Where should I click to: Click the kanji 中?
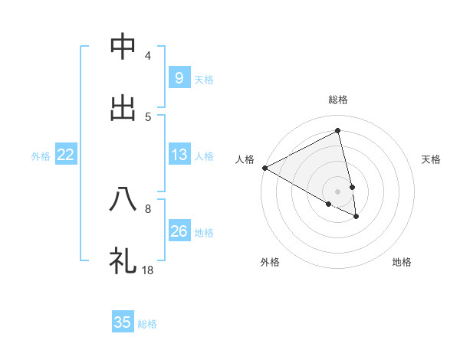(x=123, y=47)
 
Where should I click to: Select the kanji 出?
(x=123, y=108)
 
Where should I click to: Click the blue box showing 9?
(x=179, y=77)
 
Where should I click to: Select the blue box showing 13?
(x=179, y=154)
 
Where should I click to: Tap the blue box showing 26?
(x=179, y=231)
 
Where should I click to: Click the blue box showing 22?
(x=66, y=154)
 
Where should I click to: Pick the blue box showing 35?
(x=123, y=322)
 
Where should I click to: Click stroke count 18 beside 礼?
(x=148, y=270)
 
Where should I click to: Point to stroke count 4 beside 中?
(x=148, y=56)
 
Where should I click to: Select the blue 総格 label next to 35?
(x=148, y=324)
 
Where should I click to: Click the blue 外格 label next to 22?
(x=41, y=155)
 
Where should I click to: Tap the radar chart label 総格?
(x=338, y=100)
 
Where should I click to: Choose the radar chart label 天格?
(x=432, y=159)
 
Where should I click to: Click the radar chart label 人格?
(x=245, y=159)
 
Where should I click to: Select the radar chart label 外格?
(x=270, y=263)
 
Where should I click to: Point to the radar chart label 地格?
(x=402, y=263)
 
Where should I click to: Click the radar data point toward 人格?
(x=264, y=168)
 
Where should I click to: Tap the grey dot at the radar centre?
(x=338, y=191)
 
